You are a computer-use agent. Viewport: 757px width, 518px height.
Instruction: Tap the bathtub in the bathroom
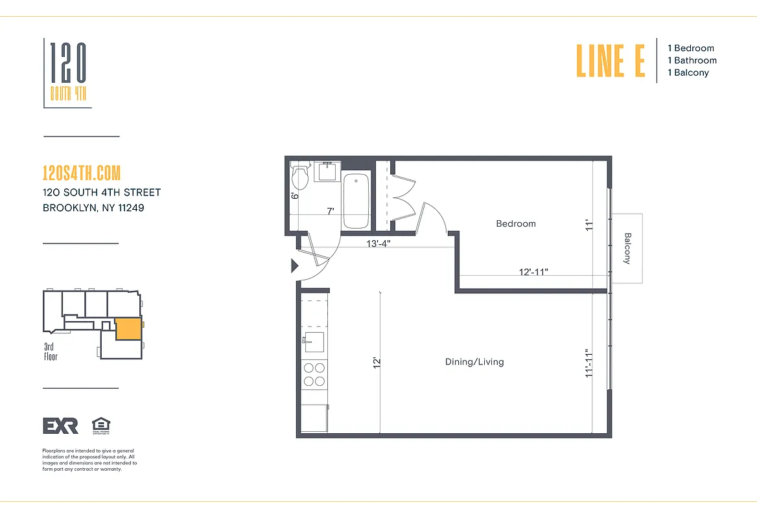[x=355, y=200]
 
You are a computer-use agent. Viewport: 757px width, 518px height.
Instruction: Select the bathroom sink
[x=327, y=172]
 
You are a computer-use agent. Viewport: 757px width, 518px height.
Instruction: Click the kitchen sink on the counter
[x=314, y=341]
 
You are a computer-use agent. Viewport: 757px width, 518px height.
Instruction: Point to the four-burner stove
[x=314, y=374]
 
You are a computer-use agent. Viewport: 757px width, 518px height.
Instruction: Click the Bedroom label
[x=516, y=223]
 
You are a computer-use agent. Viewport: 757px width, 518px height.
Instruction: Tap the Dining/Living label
[x=474, y=362]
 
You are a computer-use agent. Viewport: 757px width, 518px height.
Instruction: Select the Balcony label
[x=627, y=248]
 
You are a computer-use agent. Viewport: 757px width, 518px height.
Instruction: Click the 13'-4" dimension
[x=378, y=243]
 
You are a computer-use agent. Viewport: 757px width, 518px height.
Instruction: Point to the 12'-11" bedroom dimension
[x=534, y=272]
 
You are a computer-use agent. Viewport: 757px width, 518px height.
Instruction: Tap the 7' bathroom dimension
[x=330, y=211]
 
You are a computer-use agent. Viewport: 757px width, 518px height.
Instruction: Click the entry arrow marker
[x=294, y=265]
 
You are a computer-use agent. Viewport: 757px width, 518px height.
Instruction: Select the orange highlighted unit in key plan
[x=128, y=329]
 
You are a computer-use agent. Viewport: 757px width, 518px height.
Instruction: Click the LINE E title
[x=611, y=60]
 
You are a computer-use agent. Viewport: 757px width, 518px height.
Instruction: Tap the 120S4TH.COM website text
[x=82, y=173]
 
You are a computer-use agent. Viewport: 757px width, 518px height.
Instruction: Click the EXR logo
[x=60, y=425]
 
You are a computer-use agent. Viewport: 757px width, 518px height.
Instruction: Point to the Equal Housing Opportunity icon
[x=101, y=425]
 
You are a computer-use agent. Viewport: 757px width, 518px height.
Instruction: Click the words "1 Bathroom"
[x=692, y=60]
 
